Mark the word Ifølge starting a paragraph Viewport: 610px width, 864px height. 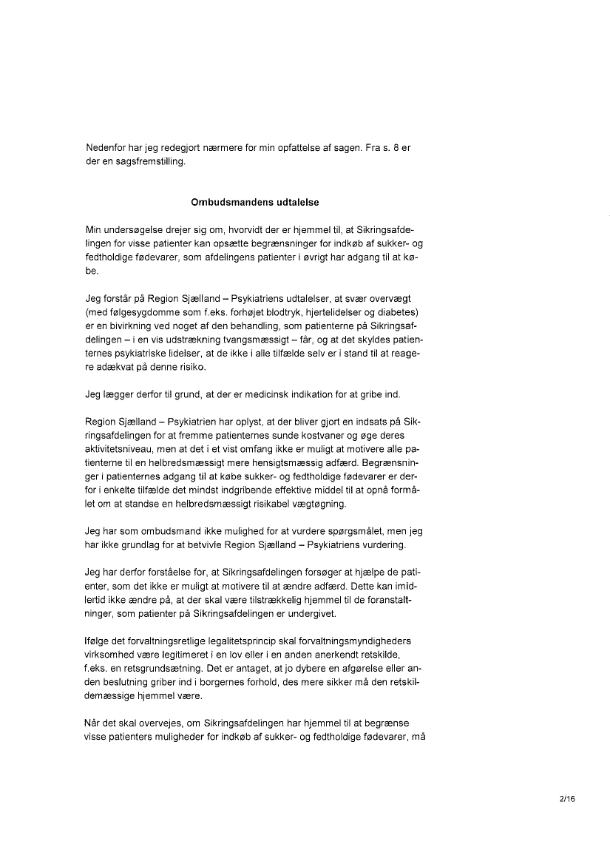98,640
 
